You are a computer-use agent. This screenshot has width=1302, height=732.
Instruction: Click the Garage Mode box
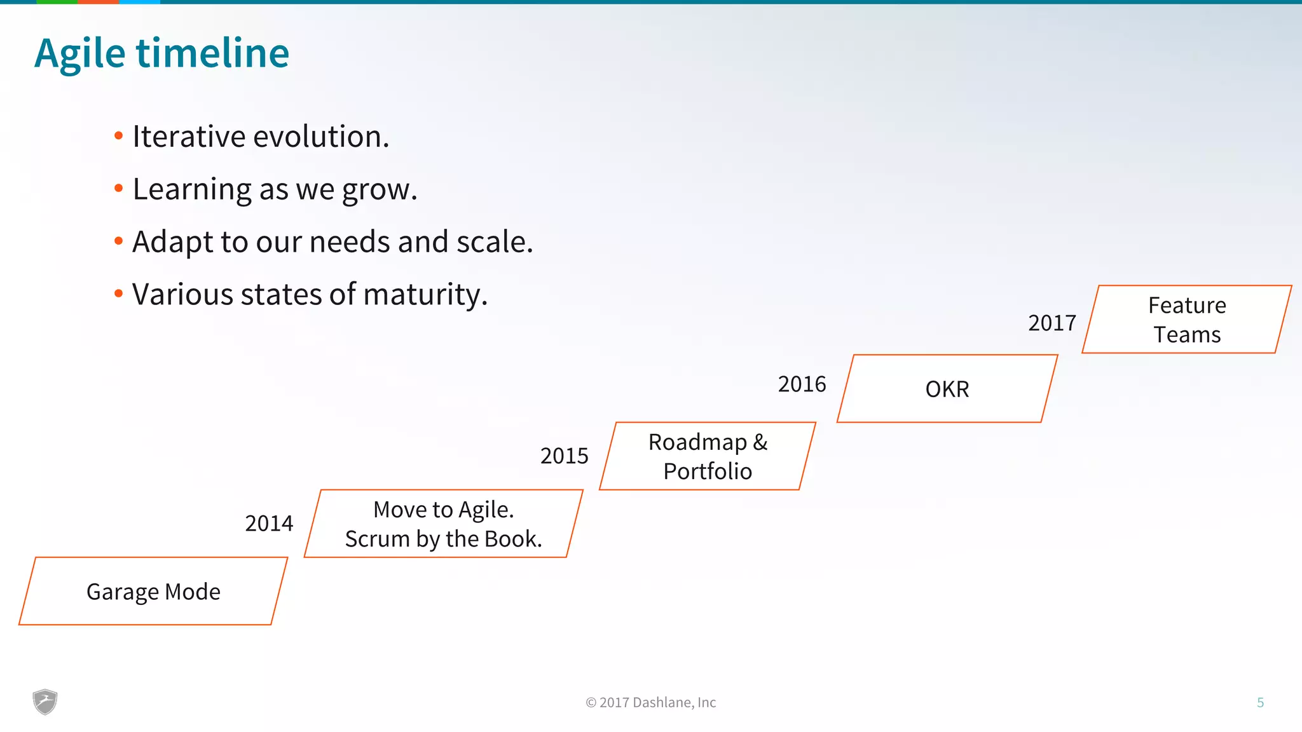[x=153, y=592]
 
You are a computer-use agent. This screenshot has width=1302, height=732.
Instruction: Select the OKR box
[x=947, y=389]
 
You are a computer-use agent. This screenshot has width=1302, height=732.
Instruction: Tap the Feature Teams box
[x=1187, y=320]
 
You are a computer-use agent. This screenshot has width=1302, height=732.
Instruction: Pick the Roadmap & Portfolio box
[x=708, y=456]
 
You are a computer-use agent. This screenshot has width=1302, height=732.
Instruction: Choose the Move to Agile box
[x=443, y=524]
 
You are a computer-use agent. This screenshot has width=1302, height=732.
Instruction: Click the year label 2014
[x=269, y=524]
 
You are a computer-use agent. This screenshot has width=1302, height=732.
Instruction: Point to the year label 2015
[x=564, y=456]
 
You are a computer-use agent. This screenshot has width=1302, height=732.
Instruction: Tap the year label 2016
[x=802, y=384]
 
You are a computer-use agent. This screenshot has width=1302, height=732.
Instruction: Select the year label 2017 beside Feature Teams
[x=1052, y=323]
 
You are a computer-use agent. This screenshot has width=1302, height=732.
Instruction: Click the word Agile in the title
[x=79, y=53]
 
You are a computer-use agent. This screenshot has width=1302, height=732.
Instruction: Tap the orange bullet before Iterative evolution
[x=118, y=135]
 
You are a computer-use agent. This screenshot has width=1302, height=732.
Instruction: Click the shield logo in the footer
[x=45, y=702]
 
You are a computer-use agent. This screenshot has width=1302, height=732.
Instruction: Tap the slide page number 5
[x=1260, y=703]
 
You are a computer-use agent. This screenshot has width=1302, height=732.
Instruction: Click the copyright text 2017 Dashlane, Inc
[x=651, y=703]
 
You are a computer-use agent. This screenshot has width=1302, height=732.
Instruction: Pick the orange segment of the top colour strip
[x=98, y=2]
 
